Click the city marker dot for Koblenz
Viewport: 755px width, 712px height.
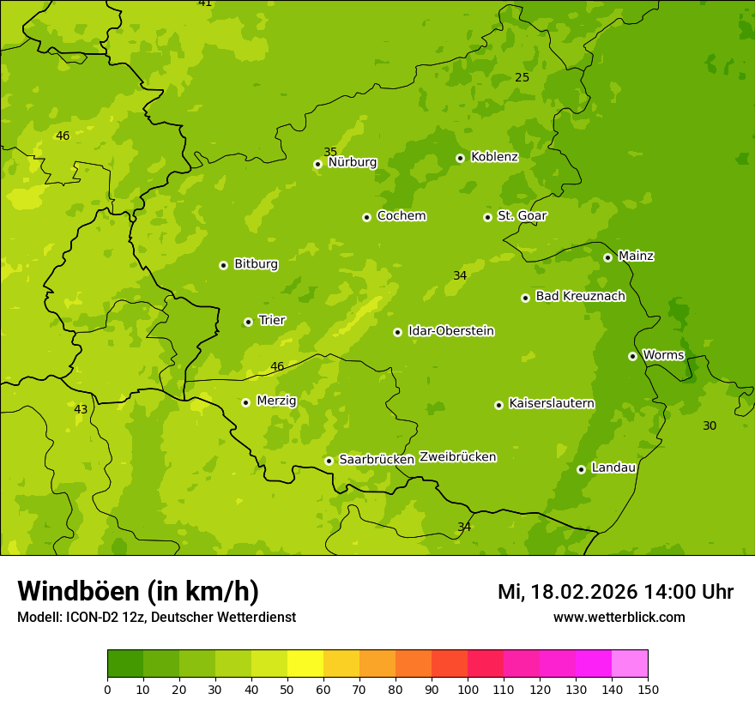pos(461,158)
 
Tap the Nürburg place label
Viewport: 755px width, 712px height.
pos(353,162)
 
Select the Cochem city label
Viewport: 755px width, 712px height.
pos(402,216)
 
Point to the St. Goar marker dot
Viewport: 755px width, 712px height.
pos(488,217)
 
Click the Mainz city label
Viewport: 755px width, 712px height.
pos(636,256)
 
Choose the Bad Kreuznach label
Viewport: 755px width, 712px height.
pos(580,297)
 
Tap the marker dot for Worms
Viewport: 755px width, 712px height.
pos(633,356)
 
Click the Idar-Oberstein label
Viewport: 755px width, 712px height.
pos(451,331)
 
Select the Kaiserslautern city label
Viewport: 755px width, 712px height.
pos(552,404)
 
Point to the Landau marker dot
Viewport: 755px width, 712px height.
pos(582,469)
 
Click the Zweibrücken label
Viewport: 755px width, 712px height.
pos(457,457)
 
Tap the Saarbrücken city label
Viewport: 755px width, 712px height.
pos(377,460)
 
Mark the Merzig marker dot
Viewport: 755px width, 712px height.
pos(246,402)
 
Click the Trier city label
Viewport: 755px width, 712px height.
pos(272,321)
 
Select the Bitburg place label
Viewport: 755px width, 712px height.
pos(256,264)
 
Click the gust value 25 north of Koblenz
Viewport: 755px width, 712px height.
pos(522,78)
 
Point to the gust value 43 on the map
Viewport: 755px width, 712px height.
pos(81,410)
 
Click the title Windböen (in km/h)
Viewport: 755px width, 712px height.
pos(138,591)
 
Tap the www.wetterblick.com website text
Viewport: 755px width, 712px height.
pos(619,618)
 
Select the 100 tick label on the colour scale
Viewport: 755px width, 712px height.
pos(468,689)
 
